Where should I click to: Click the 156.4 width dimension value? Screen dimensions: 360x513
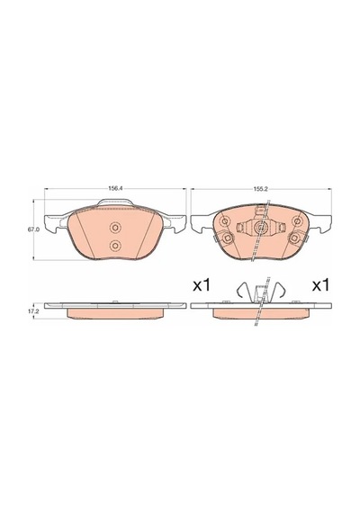[113, 189]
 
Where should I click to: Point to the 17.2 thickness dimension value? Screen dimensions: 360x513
[33, 311]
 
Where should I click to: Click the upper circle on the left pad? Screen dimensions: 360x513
[115, 228]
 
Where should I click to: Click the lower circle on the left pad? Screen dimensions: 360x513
[115, 245]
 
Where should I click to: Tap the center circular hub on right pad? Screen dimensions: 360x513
[261, 227]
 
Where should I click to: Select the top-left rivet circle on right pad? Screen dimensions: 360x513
[225, 221]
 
